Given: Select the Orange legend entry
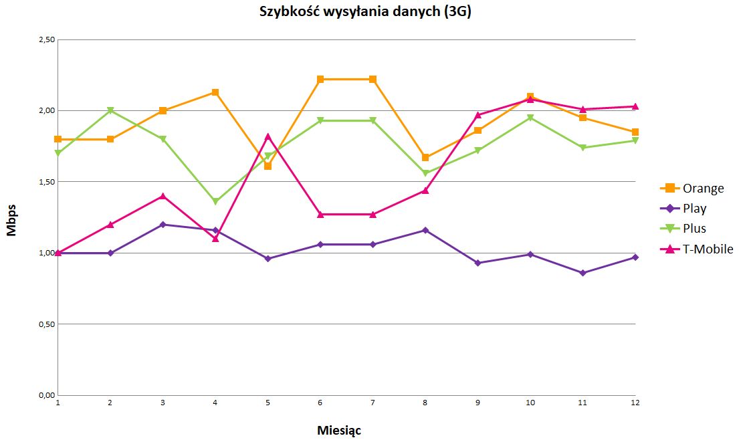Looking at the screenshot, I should [703, 189].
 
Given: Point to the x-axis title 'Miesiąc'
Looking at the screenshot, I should [339, 430].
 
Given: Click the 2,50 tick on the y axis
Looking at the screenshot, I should [46, 39].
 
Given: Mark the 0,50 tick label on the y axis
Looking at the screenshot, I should [46, 324].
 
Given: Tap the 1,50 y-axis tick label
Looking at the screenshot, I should [46, 182].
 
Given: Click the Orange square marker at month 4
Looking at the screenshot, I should [215, 92].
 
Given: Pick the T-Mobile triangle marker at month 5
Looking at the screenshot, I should [268, 136].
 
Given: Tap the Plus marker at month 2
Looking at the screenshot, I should [110, 110].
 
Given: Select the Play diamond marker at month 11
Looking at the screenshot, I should [583, 273].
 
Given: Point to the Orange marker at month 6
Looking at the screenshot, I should [320, 80].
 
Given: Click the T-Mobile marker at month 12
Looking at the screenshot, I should [635, 106].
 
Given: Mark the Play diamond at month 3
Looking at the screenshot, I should [163, 225].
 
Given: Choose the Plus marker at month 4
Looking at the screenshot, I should [215, 201].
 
